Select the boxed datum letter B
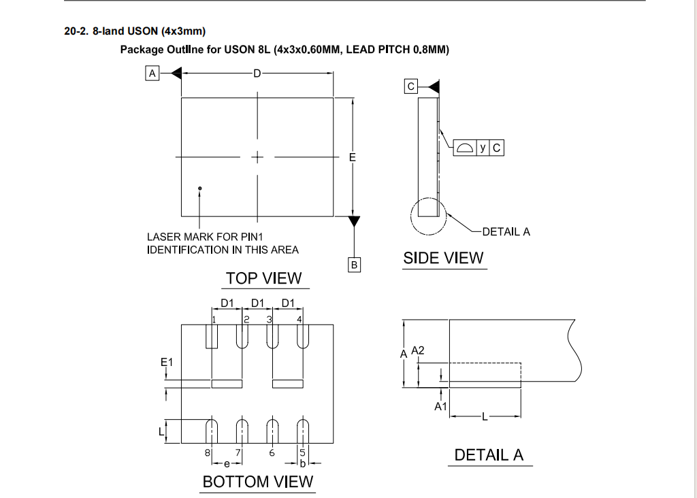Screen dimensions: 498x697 354,264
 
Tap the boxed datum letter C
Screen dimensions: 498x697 410,86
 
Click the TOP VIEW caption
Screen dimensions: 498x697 263,278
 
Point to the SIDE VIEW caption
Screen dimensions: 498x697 443,259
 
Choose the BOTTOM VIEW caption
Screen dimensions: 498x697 258,482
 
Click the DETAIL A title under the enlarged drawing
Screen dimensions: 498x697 489,456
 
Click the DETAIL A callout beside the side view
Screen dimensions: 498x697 506,232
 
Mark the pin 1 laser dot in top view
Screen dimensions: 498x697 199,188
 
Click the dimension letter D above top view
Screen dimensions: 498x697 257,73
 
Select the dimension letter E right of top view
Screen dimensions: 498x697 352,158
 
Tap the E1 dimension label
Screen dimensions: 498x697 167,363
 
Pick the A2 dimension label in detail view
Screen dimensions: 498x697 418,350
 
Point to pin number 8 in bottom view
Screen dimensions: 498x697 207,452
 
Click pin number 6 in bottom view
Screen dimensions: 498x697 272,452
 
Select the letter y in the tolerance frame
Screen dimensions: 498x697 483,148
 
